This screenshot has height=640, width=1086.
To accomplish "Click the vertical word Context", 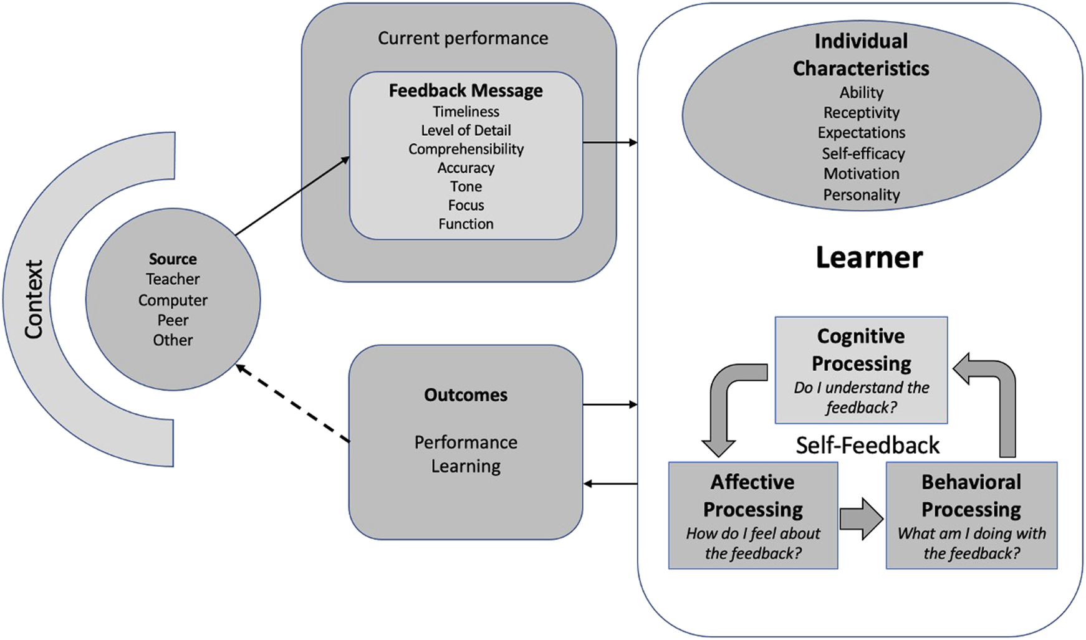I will pos(34,299).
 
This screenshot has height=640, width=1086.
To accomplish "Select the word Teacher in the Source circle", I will pos(173,279).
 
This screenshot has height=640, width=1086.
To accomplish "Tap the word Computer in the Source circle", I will pos(173,300).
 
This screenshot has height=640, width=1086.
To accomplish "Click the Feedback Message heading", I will pos(466,91).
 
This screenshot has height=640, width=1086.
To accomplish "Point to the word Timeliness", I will pos(466,112).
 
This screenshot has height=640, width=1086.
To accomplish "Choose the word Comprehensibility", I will pos(466,150).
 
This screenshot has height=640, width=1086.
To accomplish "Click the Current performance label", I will pos(463,39).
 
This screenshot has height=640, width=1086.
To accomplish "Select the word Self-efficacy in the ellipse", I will pos(862,154).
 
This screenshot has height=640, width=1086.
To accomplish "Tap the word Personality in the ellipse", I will pos(861,195).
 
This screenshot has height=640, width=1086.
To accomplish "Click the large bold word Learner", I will pos(868,258).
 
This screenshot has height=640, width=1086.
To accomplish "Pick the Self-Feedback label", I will pos(867,446).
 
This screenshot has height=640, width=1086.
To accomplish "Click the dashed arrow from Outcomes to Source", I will pos(293,404).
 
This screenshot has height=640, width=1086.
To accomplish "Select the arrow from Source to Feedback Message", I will pos(292,196).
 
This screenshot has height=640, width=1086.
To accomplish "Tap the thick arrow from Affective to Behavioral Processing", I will pos(861,518).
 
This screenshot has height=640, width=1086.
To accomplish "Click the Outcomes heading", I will pos(466,395).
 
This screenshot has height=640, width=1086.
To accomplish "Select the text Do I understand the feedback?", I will pos(861,398).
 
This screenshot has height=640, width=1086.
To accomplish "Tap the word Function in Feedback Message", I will pos(466,224).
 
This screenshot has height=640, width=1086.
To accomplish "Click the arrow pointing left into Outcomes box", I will pos(611,484).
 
